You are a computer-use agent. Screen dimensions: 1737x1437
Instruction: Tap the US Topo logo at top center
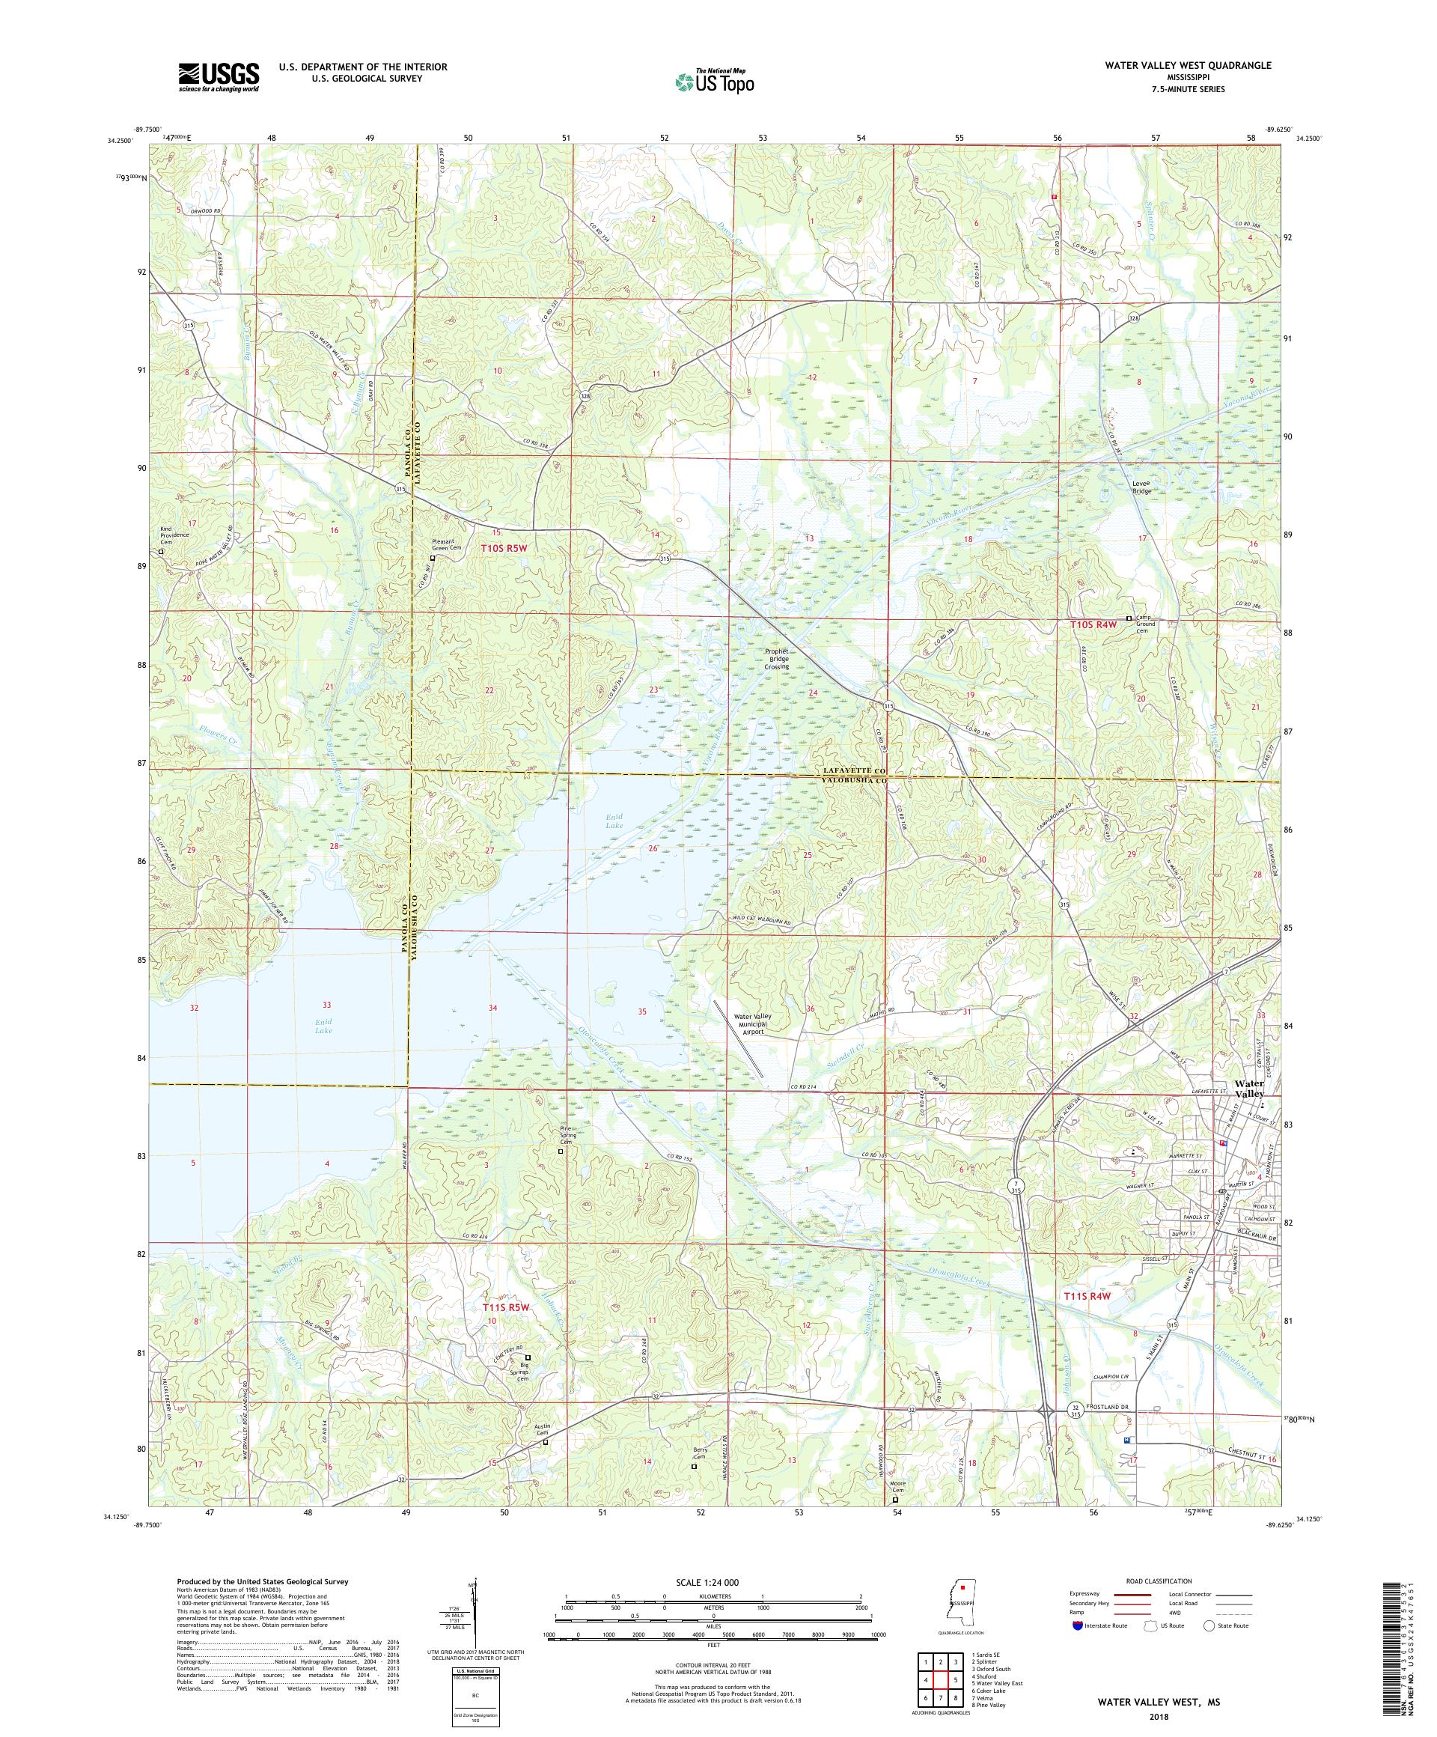716,80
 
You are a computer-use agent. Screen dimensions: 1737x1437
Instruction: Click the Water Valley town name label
1248,1089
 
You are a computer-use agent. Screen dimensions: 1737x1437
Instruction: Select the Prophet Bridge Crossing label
776,658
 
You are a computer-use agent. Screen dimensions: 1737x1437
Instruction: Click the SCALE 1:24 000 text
713,1581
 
